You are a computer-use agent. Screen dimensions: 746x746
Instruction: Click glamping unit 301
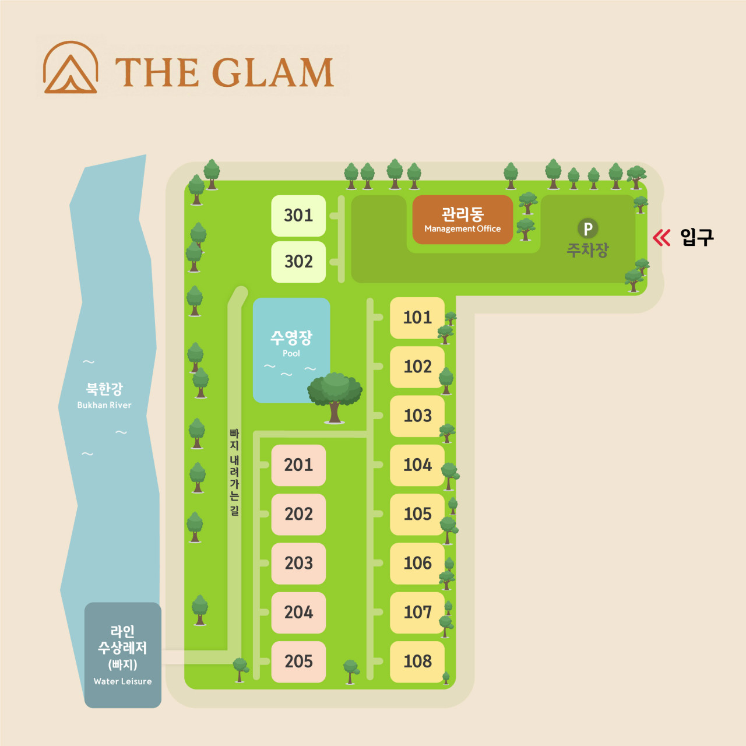click(298, 216)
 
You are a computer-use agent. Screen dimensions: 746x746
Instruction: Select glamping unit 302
click(298, 262)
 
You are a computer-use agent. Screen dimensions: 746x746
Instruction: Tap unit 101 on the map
click(417, 318)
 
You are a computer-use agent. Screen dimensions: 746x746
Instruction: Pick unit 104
click(417, 465)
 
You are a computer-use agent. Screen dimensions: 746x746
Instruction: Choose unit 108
click(417, 662)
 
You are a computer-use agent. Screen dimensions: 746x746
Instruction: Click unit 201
click(298, 465)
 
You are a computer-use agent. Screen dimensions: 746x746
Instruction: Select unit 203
click(298, 564)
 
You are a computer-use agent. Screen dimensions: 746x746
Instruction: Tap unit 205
click(298, 662)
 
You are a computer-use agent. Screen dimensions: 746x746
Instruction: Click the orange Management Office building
click(463, 220)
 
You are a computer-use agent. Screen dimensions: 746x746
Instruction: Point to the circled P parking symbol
click(587, 228)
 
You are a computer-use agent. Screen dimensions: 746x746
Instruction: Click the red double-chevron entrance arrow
click(661, 238)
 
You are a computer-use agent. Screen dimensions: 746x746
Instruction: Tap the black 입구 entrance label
click(697, 237)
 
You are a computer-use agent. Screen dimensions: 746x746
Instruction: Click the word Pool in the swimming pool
click(291, 353)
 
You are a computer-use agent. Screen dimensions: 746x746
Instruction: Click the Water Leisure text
click(123, 682)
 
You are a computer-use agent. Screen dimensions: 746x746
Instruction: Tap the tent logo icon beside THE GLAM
click(71, 68)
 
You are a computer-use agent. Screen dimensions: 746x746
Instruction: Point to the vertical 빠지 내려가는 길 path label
click(234, 472)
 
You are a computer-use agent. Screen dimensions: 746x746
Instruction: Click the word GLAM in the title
click(273, 72)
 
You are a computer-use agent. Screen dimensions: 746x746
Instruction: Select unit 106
click(417, 564)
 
